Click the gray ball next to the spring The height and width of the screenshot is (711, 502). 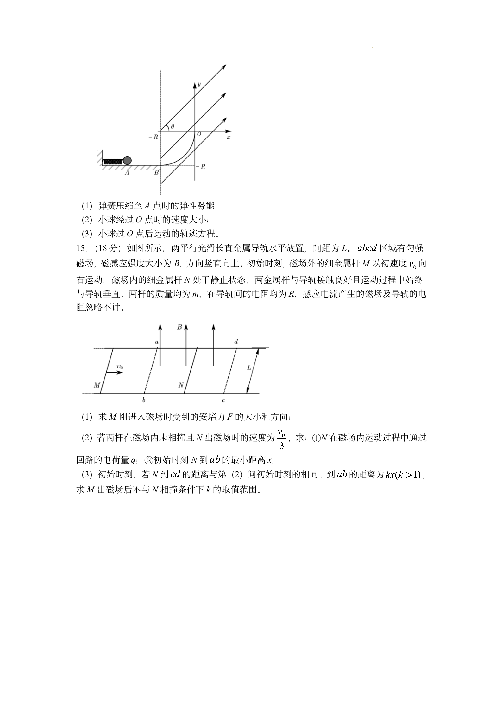pyautogui.click(x=127, y=160)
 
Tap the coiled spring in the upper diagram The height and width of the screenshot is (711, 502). pyautogui.click(x=113, y=161)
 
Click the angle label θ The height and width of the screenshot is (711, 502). pyautogui.click(x=172, y=126)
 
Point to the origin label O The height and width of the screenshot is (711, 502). pyautogui.click(x=199, y=134)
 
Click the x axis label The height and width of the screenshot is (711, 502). pyautogui.click(x=229, y=137)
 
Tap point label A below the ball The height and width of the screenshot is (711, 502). pyautogui.click(x=127, y=173)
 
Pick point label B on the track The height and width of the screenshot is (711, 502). pyautogui.click(x=156, y=173)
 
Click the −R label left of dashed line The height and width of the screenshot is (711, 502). pyautogui.click(x=153, y=137)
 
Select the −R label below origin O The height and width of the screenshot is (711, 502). pyautogui.click(x=201, y=166)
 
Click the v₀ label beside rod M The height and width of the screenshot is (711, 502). pyautogui.click(x=120, y=367)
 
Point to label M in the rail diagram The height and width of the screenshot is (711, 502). pyautogui.click(x=97, y=385)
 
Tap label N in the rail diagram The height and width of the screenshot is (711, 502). pyautogui.click(x=181, y=385)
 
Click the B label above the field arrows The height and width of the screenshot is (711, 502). pyautogui.click(x=179, y=327)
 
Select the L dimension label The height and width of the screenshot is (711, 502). pyautogui.click(x=249, y=367)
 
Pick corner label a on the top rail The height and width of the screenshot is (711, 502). pyautogui.click(x=157, y=342)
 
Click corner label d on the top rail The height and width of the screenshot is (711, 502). pyautogui.click(x=236, y=342)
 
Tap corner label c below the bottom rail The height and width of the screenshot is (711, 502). pyautogui.click(x=223, y=400)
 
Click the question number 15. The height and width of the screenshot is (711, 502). pyautogui.click(x=82, y=248)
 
